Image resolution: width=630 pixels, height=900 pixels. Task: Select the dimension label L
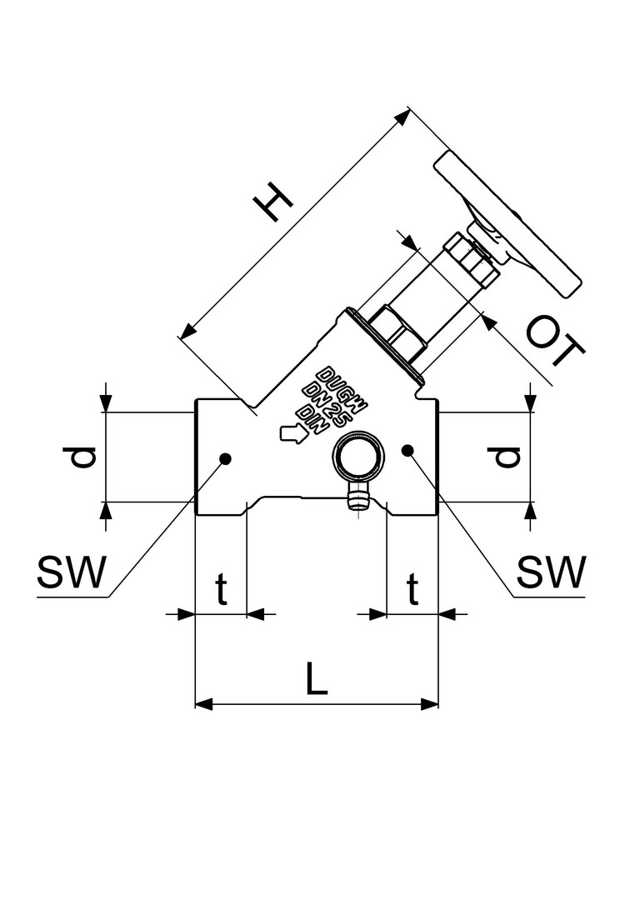[316, 679]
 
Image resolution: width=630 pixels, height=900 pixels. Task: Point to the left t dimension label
[221, 590]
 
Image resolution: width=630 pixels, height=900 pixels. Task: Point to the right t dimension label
[412, 590]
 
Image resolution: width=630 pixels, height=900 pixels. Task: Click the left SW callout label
[72, 572]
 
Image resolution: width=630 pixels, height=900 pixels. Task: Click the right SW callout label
[551, 572]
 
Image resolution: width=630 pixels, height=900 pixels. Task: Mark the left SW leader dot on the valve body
[225, 457]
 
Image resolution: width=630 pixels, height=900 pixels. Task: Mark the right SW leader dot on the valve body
[407, 450]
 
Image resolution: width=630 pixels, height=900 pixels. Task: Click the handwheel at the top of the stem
[508, 223]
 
